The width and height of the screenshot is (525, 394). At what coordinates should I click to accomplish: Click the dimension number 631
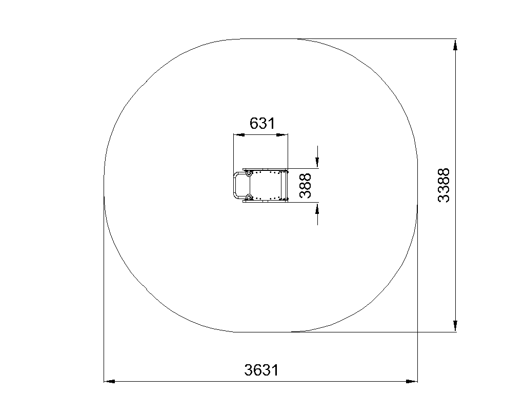click(x=262, y=123)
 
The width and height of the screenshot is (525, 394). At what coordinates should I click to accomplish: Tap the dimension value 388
click(x=305, y=186)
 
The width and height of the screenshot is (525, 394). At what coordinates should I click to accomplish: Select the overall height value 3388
click(x=443, y=185)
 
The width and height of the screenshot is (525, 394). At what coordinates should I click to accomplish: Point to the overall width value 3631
click(x=261, y=370)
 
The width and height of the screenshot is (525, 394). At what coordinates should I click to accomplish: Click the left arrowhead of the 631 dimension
click(x=239, y=135)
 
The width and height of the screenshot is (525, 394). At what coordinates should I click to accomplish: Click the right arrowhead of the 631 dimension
click(x=282, y=135)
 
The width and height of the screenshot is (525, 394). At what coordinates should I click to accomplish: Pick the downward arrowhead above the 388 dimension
click(x=317, y=163)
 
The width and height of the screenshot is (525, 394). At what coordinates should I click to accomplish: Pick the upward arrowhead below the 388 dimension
click(x=317, y=208)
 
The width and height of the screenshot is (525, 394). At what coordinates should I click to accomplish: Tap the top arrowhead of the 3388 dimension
click(x=455, y=45)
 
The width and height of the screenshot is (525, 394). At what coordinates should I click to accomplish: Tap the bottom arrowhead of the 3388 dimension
click(x=455, y=326)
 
